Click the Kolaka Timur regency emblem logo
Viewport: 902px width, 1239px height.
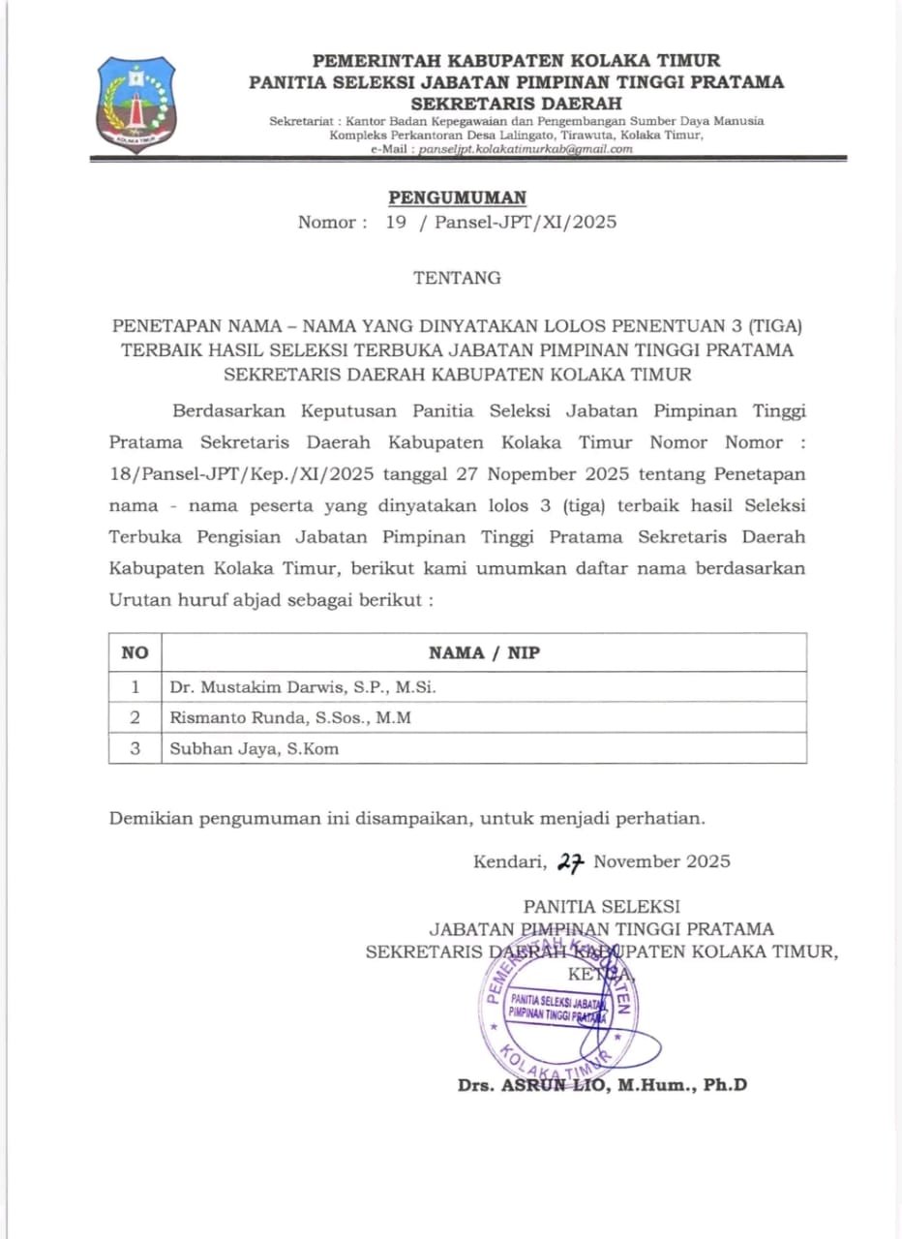click(x=136, y=104)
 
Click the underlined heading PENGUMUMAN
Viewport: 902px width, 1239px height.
click(x=458, y=197)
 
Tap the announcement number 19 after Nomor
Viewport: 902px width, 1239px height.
click(x=396, y=222)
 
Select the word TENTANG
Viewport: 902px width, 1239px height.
click(x=458, y=278)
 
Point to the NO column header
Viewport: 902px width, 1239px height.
click(x=135, y=653)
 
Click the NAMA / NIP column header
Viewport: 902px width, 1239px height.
click(x=484, y=653)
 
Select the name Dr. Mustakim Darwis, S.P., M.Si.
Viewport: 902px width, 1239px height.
click(x=303, y=687)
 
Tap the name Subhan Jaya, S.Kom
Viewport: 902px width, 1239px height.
click(x=255, y=748)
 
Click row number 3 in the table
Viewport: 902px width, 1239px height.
click(x=135, y=748)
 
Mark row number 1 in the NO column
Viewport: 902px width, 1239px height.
click(x=135, y=687)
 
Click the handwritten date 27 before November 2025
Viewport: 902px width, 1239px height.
click(x=572, y=861)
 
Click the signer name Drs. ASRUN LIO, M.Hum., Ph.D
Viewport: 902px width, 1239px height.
click(x=602, y=1085)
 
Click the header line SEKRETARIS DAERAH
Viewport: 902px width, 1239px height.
click(x=516, y=104)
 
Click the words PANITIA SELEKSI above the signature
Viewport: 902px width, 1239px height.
click(x=601, y=907)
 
